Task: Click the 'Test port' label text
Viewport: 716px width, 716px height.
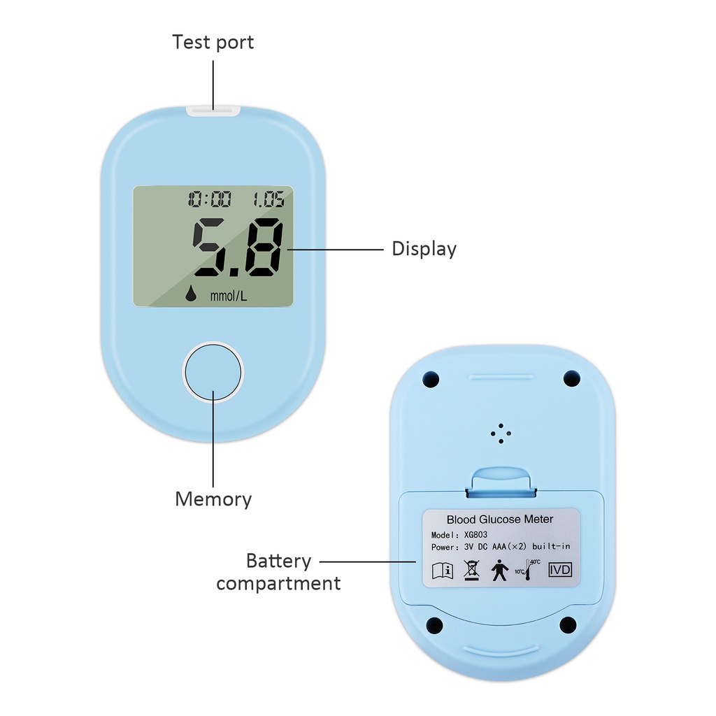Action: [213, 42]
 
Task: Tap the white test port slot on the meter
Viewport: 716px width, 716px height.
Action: [213, 110]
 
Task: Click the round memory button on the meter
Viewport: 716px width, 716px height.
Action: [213, 371]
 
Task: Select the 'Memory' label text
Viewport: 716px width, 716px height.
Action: [213, 499]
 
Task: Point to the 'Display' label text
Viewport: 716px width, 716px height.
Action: [424, 249]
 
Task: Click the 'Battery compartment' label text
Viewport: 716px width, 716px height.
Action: [278, 572]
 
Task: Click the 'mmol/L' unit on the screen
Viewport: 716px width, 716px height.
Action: [229, 296]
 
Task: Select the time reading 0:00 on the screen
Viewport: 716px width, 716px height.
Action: [209, 201]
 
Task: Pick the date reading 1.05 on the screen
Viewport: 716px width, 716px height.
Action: [268, 201]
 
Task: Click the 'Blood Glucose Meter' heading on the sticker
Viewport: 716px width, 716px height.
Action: [499, 519]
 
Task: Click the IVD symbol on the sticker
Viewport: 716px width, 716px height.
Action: [560, 570]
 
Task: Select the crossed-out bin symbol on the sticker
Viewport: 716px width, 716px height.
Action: [471, 571]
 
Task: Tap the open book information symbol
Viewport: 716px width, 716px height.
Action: [443, 571]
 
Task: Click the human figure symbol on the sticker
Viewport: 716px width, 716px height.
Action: [499, 571]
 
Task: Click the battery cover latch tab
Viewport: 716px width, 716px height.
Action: [500, 480]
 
